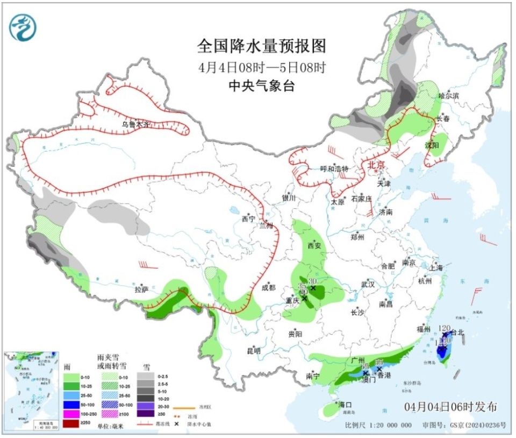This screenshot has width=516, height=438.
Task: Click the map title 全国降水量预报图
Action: click(262, 46)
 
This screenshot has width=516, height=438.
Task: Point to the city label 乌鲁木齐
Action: click(134, 124)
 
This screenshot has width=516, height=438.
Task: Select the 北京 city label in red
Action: click(376, 166)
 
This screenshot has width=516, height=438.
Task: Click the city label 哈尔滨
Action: click(449, 95)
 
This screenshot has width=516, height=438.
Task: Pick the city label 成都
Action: click(268, 287)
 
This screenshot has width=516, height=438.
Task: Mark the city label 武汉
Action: click(368, 284)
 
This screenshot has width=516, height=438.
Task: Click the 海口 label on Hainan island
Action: click(345, 404)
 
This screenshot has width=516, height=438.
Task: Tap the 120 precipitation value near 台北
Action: click(445, 327)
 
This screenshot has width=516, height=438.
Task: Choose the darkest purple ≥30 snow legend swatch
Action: click(145, 413)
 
